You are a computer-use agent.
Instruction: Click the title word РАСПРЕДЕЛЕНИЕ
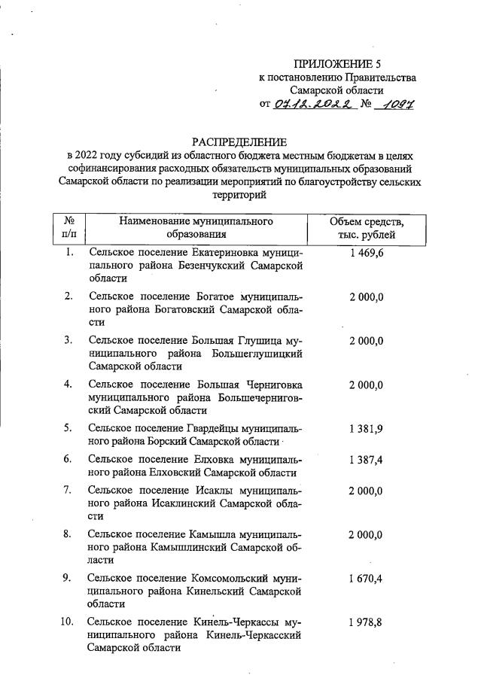pos(239,141)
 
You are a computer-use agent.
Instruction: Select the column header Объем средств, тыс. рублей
pos(367,228)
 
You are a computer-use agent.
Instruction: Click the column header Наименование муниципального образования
pos(195,228)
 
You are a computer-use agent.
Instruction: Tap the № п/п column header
pos(68,228)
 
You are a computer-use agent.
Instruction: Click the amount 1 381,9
pos(367,428)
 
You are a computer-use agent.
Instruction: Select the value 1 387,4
pos(367,459)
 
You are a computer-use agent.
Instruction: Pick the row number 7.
pos(68,490)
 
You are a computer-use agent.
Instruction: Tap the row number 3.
pos(68,340)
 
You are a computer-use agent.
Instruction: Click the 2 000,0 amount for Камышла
pos(367,534)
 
